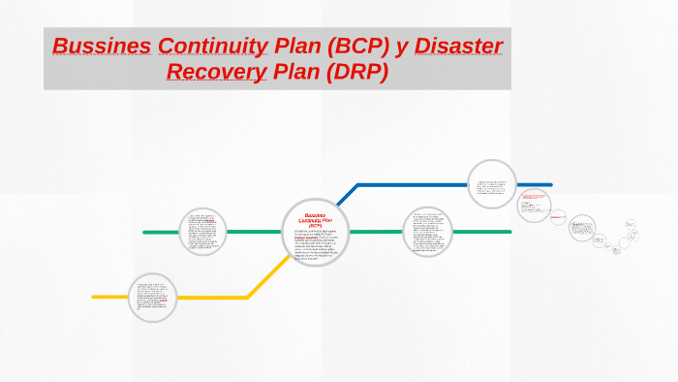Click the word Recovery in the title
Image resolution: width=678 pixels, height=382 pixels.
pyautogui.click(x=217, y=72)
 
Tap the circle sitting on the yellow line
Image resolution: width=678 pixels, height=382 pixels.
pyautogui.click(x=152, y=297)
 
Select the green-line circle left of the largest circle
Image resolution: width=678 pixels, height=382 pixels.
pyautogui.click(x=203, y=233)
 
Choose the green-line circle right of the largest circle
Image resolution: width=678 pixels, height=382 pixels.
pyautogui.click(x=427, y=233)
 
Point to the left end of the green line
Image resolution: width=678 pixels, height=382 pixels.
pyautogui.click(x=145, y=233)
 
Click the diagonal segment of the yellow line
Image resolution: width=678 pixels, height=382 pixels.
pyautogui.click(x=268, y=276)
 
